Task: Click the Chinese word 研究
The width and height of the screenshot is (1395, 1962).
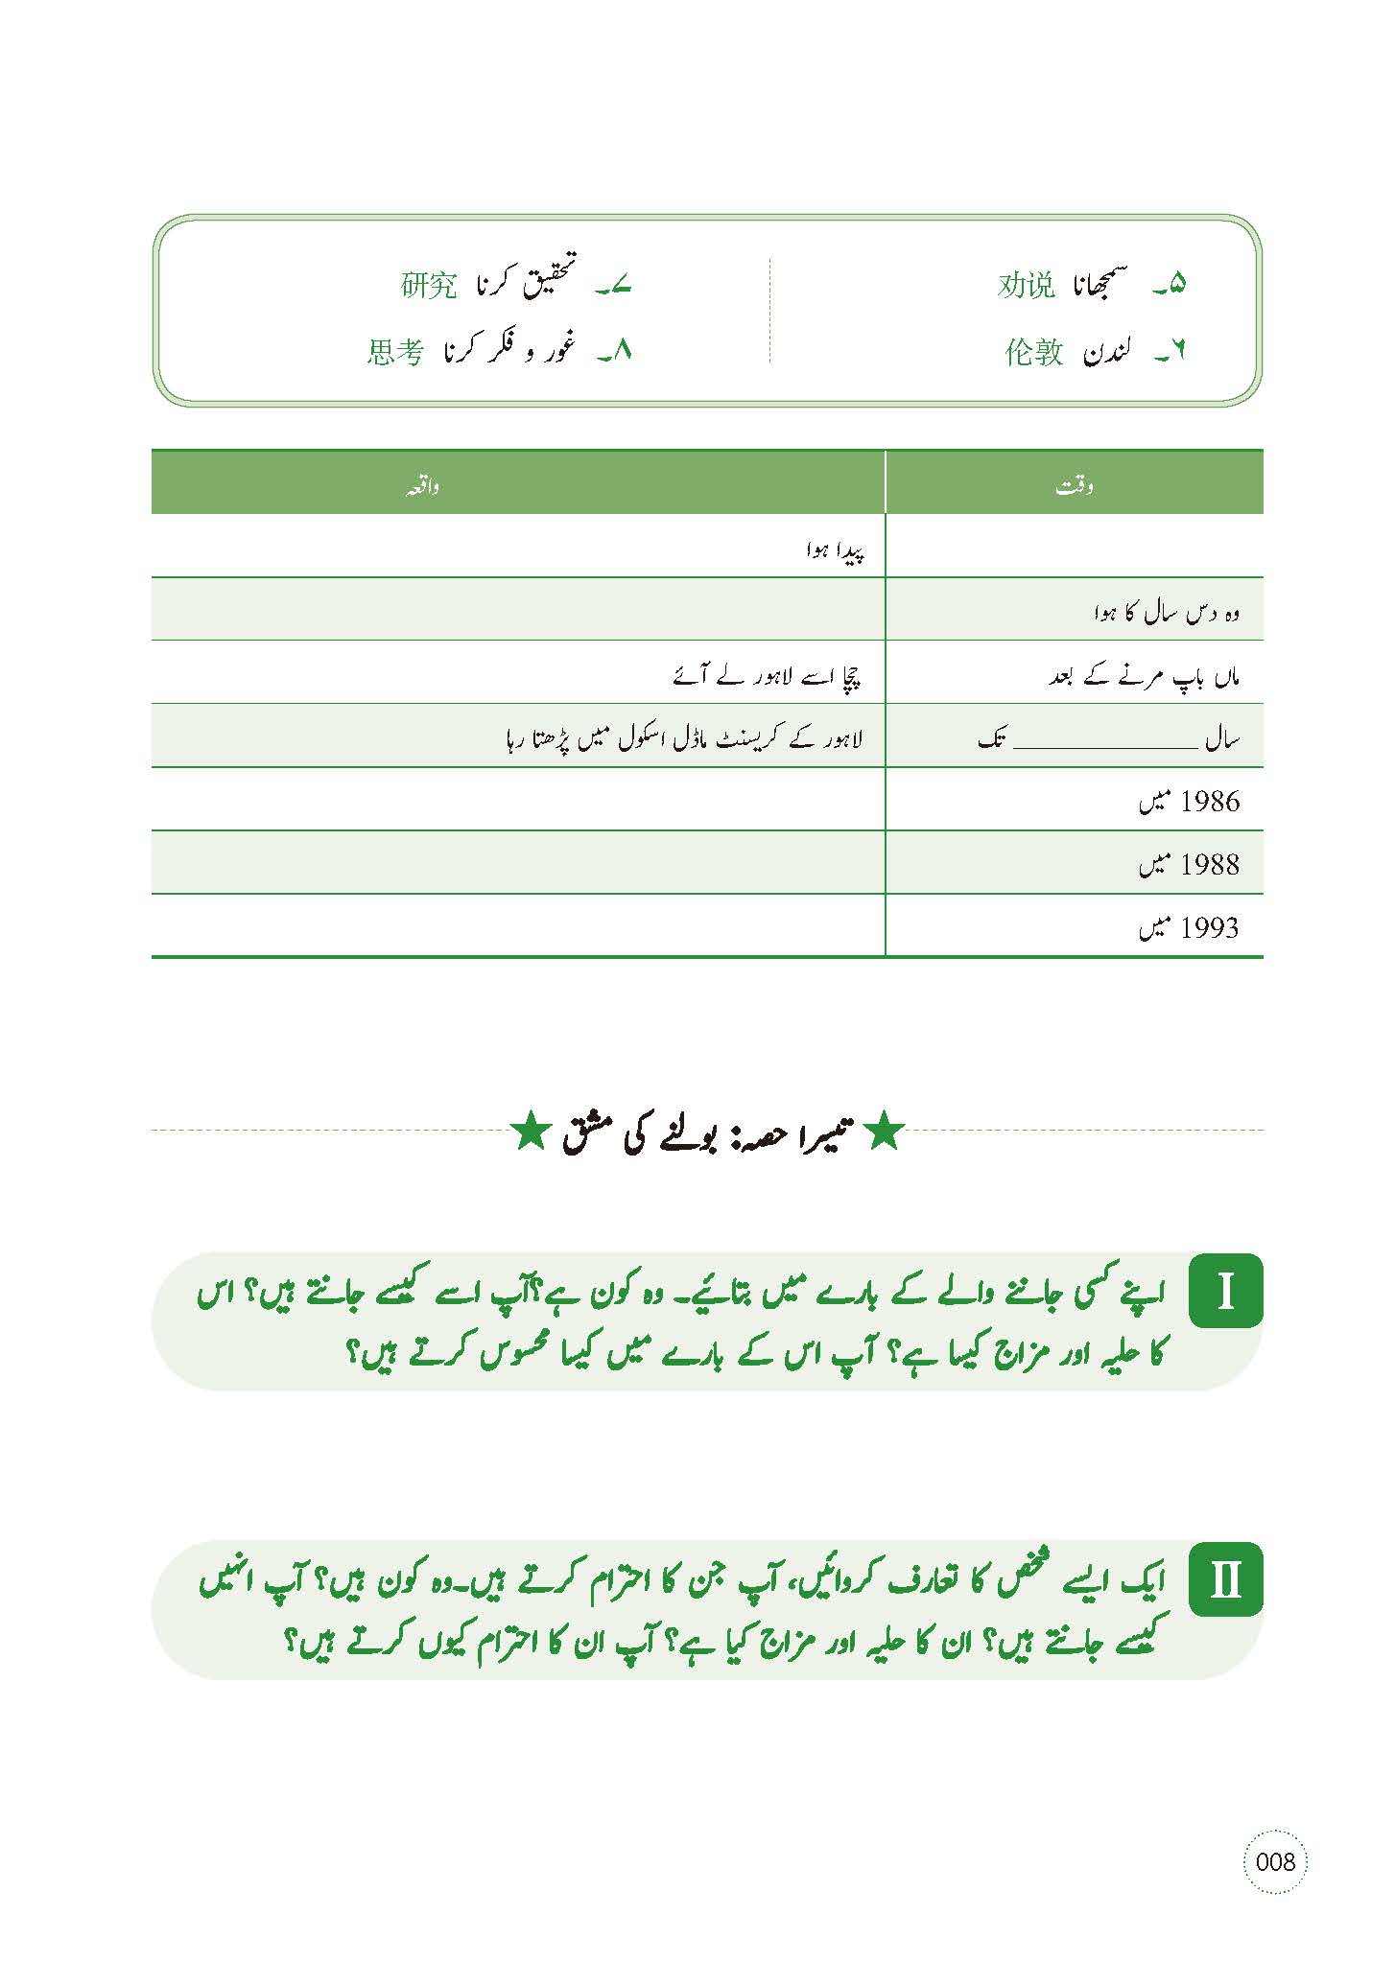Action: pyautogui.click(x=429, y=286)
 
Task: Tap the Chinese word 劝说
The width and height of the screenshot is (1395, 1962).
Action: pyautogui.click(x=1026, y=286)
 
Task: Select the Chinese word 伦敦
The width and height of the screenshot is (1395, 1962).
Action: pyautogui.click(x=1033, y=353)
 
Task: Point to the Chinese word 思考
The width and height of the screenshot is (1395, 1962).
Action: pyautogui.click(x=394, y=353)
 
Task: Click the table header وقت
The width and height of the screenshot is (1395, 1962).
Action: pyautogui.click(x=1074, y=486)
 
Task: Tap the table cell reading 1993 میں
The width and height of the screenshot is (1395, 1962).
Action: pyautogui.click(x=1189, y=928)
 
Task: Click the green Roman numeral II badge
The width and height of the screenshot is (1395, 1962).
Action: pyautogui.click(x=1225, y=1578)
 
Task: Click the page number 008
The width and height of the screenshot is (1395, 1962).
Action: pyautogui.click(x=1275, y=1888)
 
